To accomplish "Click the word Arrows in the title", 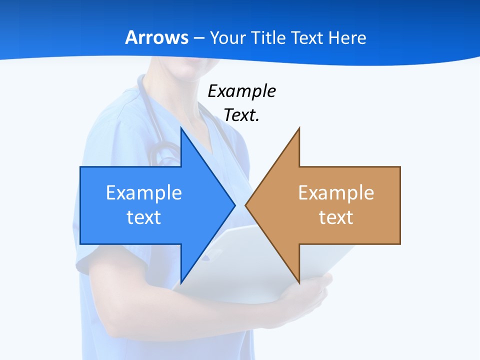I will click(x=157, y=38).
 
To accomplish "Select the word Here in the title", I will click(x=347, y=38).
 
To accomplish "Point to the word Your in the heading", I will click(x=228, y=38).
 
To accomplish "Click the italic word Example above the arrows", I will click(x=241, y=91).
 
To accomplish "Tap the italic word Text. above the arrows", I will click(x=241, y=115).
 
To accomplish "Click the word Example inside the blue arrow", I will click(x=143, y=192).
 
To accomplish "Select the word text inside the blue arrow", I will click(x=143, y=217).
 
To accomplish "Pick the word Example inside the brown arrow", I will click(x=336, y=192).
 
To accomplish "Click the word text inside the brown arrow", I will click(x=336, y=217).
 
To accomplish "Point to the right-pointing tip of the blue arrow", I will click(x=234, y=205).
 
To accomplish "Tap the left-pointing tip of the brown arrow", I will click(x=246, y=205).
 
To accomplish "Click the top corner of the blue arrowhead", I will click(x=181, y=128).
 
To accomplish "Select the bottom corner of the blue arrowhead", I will click(x=181, y=282).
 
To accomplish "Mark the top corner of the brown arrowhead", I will click(x=299, y=128).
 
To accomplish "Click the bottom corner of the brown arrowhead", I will click(x=299, y=282).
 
